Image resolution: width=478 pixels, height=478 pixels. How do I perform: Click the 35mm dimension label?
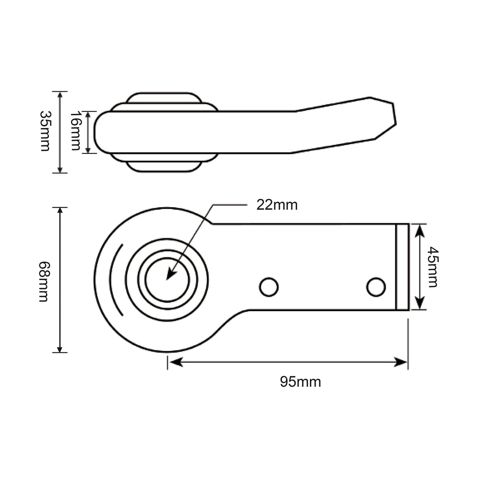coord(45,131)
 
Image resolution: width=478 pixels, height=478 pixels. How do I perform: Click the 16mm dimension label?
coord(76,131)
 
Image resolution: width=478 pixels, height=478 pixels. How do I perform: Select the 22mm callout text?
coord(277,206)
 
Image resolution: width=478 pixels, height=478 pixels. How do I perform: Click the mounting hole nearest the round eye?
coord(269,287)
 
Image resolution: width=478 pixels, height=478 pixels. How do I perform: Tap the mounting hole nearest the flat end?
coord(376,287)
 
